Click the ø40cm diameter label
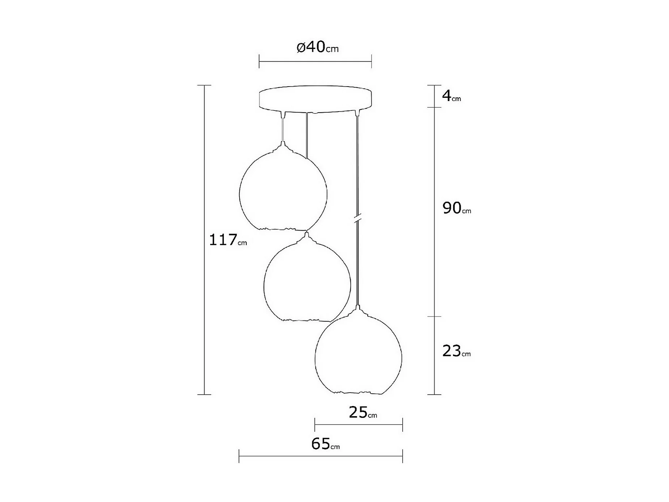tap(317, 47)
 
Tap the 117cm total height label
tap(228, 240)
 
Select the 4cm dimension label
tap(452, 96)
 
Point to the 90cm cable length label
tap(457, 208)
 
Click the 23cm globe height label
tap(457, 351)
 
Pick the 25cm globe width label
tap(363, 412)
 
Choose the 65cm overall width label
tap(325, 444)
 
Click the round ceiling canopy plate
tap(316, 99)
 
